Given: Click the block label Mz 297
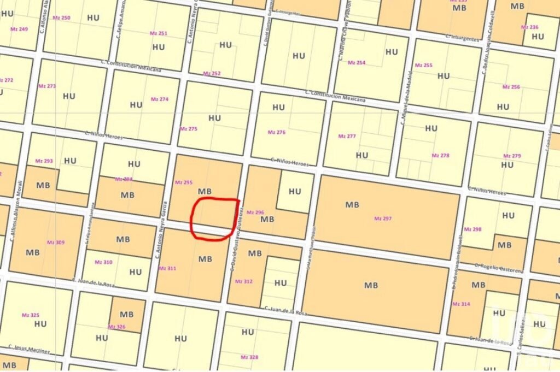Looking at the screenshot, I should (383, 219).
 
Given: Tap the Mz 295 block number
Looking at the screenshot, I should (183, 182).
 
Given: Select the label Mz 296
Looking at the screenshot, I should (255, 212).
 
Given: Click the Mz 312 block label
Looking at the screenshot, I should (243, 281).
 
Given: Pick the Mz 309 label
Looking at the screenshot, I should (56, 242).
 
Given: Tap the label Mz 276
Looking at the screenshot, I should (276, 132).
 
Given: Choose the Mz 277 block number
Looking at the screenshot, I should (347, 136).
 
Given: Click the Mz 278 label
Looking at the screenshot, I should (440, 155).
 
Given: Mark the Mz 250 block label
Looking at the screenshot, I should (61, 18).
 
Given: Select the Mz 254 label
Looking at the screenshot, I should (357, 63).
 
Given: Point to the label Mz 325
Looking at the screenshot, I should (31, 315).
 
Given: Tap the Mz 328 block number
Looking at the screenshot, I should (249, 357).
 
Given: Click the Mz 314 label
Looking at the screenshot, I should (461, 304).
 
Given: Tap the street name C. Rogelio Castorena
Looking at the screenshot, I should (499, 267).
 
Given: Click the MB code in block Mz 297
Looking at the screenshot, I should (352, 204).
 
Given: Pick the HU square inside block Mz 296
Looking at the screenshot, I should (295, 191).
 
